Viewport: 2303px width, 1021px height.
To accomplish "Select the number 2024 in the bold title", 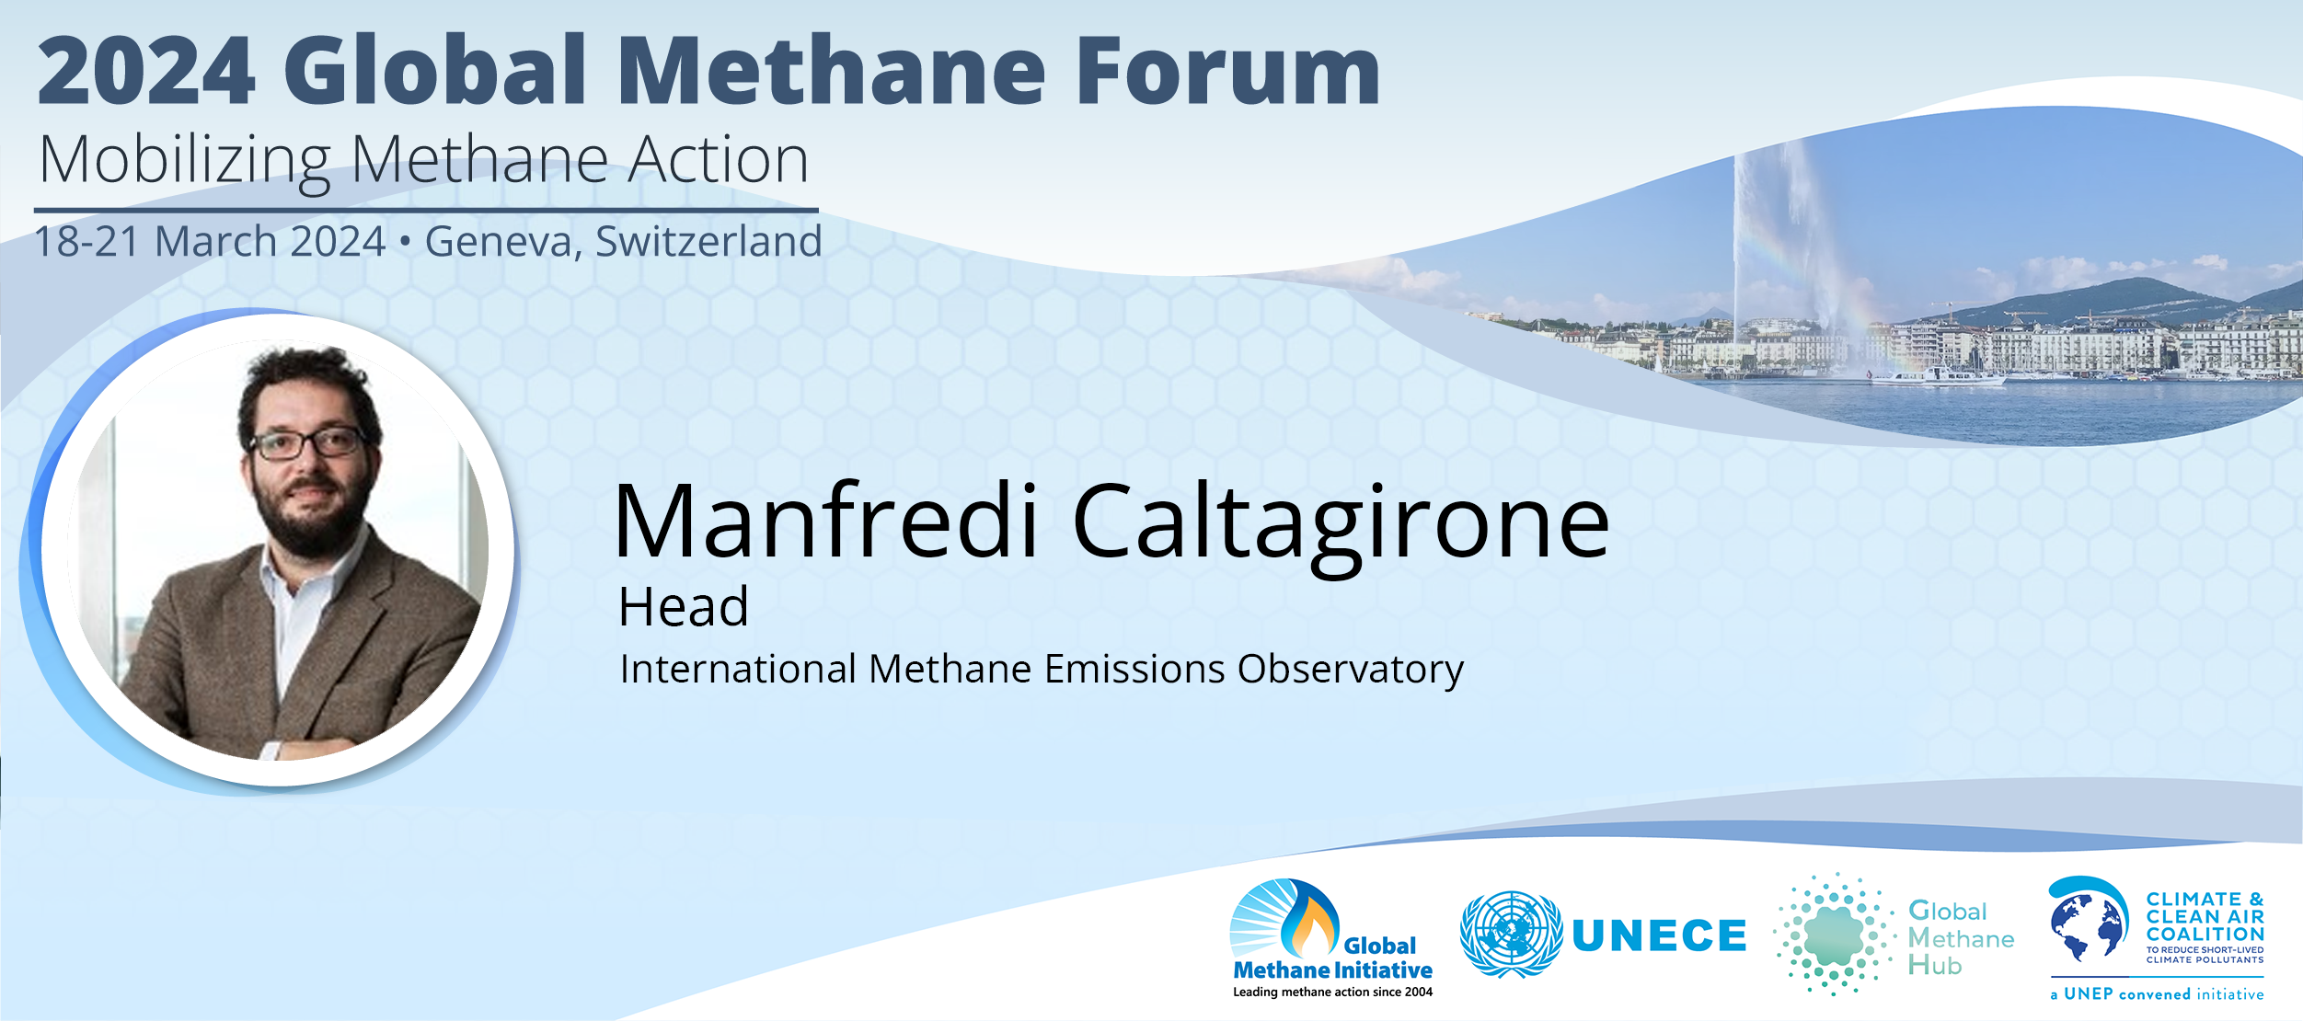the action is coord(145,71).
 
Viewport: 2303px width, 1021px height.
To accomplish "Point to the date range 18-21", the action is coord(86,242).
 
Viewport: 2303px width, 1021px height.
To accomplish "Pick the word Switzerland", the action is coord(708,241).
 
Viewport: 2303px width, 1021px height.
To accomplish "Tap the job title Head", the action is coord(684,607).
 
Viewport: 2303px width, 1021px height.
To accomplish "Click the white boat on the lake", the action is coord(1937,376).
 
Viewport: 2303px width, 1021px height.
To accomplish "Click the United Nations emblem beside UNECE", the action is coord(1511,934).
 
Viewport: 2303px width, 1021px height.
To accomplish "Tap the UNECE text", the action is coord(1659,936).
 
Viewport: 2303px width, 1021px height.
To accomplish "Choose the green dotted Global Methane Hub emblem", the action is coord(1834,935).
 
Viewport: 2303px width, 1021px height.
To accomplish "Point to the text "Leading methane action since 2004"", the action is coord(1332,992).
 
